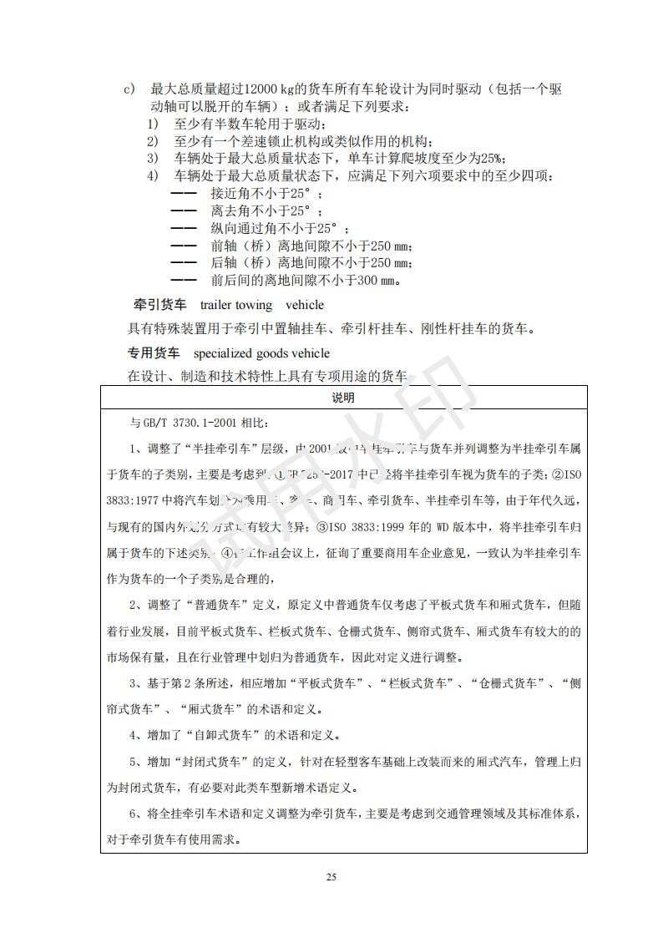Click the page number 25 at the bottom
click(331, 877)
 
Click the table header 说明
click(343, 398)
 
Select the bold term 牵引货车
click(160, 305)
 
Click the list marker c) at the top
click(129, 89)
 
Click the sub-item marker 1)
click(153, 124)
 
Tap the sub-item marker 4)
click(153, 176)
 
